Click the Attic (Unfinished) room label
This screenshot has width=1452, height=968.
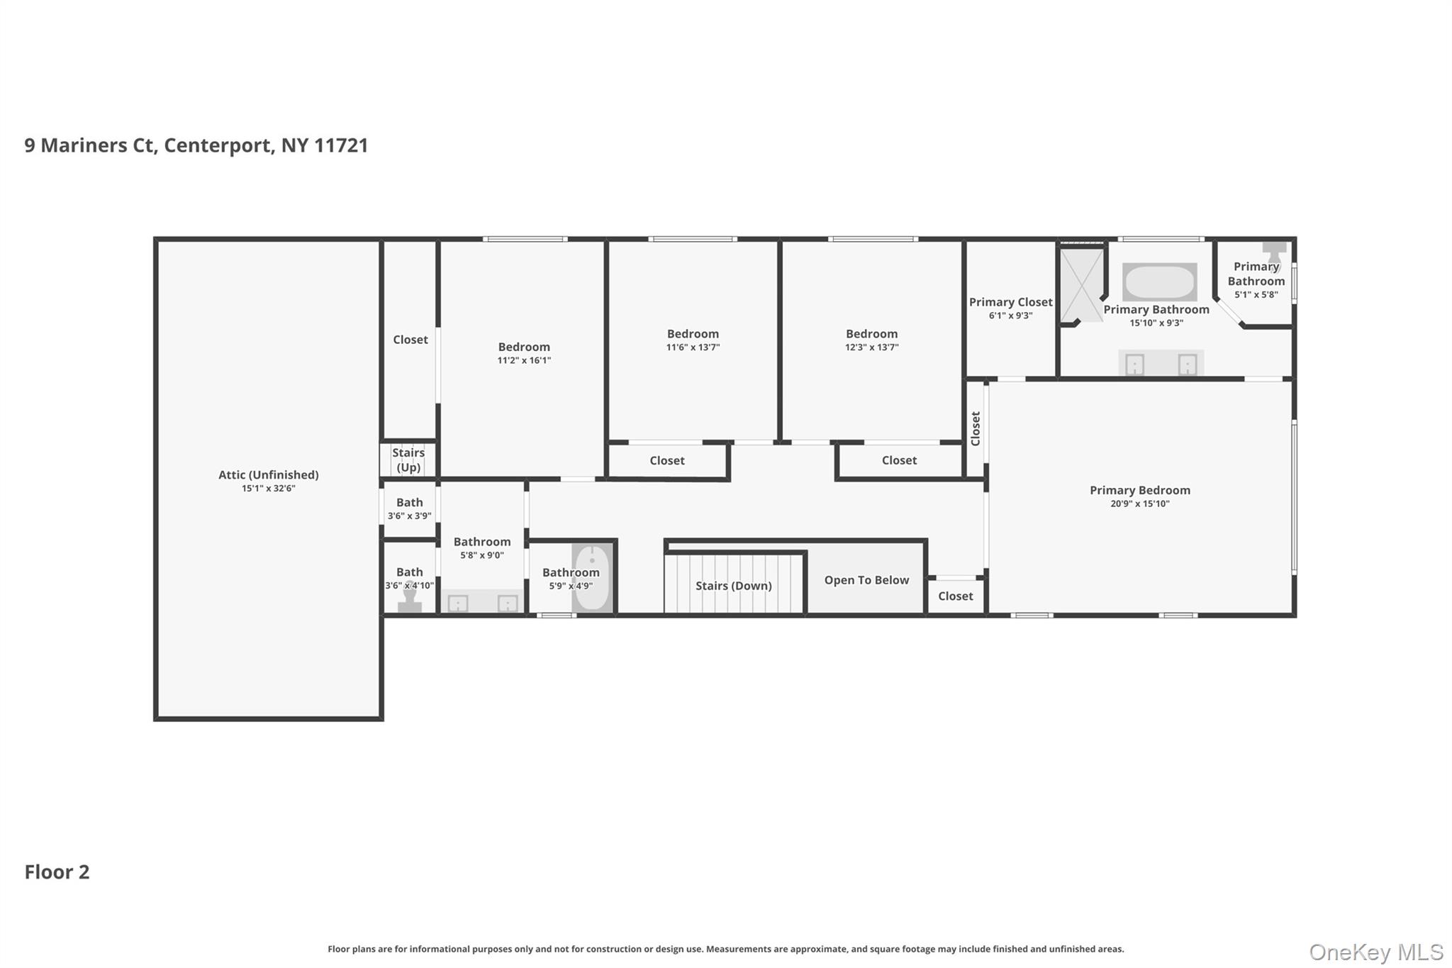tap(268, 474)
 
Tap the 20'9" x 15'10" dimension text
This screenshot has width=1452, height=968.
tap(1139, 504)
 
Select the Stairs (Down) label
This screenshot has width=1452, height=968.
tap(733, 586)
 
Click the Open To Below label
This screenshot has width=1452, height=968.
tap(866, 580)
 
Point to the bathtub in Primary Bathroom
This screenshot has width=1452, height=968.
tap(1159, 282)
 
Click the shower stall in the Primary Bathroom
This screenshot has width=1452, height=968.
tap(1081, 284)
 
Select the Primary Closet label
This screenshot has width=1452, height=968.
tap(1010, 302)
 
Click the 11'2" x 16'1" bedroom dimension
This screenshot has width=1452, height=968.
tap(523, 360)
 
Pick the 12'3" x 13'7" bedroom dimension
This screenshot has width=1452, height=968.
tap(871, 347)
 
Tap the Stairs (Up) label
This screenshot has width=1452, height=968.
tap(408, 460)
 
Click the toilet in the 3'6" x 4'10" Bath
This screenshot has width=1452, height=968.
tap(409, 599)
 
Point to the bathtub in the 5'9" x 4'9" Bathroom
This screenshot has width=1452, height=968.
tap(591, 578)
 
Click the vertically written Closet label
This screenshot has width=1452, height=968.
tap(975, 428)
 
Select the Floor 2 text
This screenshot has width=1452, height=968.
tap(57, 872)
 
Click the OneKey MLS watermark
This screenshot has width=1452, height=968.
tap(1375, 952)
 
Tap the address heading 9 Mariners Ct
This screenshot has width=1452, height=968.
tap(196, 145)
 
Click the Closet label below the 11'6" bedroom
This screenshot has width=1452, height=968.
tap(666, 461)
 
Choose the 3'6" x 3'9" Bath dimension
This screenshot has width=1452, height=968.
tap(409, 516)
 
